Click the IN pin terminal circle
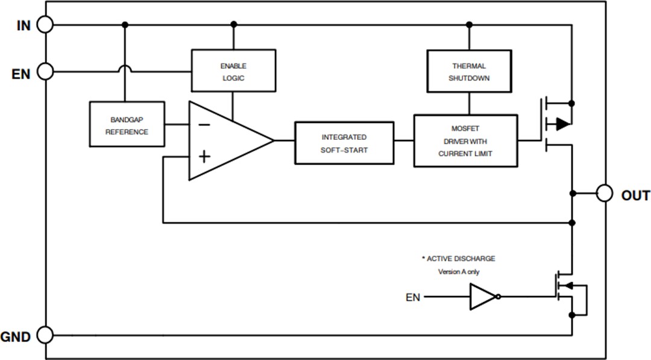[45, 25]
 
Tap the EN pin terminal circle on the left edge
[45, 72]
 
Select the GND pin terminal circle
[45, 335]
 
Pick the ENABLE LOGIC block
[233, 71]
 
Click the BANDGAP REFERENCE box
[127, 125]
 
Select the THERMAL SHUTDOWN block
[469, 71]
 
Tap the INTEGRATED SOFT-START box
[344, 143]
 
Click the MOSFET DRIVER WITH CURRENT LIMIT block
[465, 141]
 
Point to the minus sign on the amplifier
[204, 125]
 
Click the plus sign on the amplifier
[204, 157]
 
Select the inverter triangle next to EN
[483, 297]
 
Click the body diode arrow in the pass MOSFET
[562, 124]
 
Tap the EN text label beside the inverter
[412, 297]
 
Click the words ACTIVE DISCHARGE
[461, 259]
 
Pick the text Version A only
[459, 272]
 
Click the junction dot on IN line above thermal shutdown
[469, 25]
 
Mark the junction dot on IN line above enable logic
[233, 25]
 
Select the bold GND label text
[16, 337]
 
